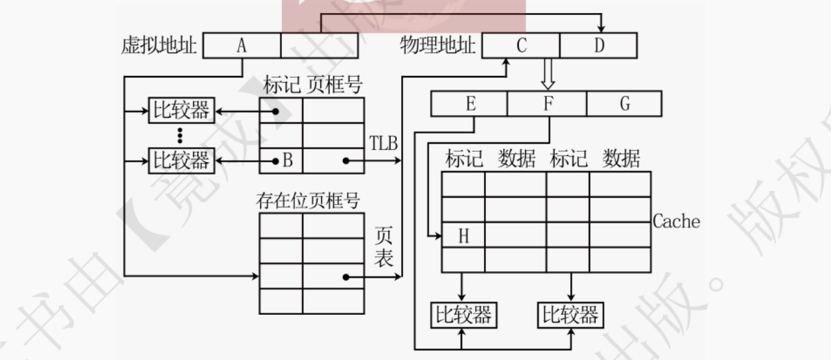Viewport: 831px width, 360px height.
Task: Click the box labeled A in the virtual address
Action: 242,45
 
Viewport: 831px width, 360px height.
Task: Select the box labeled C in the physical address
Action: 522,45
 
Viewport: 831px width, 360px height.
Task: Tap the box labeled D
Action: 599,45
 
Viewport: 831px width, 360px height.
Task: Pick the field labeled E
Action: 470,103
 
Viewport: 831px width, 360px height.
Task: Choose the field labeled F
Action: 547,103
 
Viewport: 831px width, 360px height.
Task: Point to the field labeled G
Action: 624,103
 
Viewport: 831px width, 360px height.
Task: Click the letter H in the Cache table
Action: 463,236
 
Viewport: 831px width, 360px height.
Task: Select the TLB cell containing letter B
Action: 281,162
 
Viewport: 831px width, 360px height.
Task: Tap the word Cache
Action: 676,221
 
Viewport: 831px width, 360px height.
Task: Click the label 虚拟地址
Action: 158,46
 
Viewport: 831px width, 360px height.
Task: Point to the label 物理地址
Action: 438,46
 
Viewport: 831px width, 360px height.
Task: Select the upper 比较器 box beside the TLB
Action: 180,110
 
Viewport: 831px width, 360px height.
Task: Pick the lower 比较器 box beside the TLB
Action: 180,162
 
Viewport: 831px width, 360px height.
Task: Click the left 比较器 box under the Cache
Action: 463,315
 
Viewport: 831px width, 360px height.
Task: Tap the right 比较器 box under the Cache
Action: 570,315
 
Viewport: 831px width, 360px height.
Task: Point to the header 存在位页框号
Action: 308,201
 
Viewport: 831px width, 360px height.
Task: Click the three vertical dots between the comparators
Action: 180,136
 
